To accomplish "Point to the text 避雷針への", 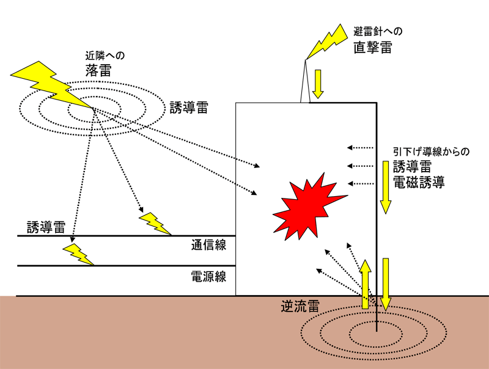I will point(378,31).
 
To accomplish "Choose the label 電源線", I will point(209,276).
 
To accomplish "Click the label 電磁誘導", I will point(418,181).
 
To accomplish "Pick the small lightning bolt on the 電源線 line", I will point(78,254).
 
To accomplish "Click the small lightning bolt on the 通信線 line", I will point(155,224).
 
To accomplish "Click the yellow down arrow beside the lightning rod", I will point(317,84).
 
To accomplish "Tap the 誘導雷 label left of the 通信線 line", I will point(46,227).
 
